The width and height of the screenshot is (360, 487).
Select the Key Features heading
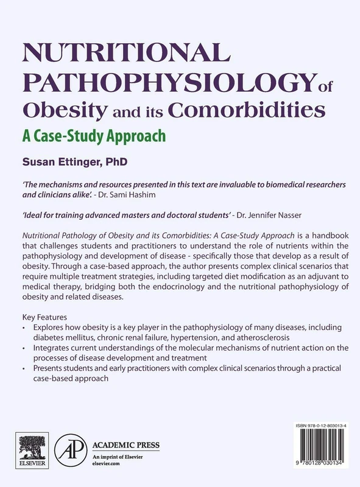pyautogui.click(x=43, y=317)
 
